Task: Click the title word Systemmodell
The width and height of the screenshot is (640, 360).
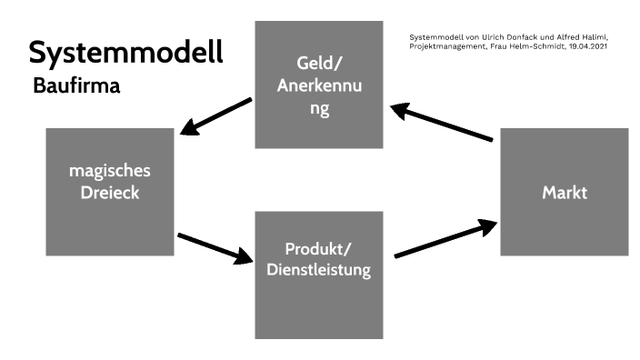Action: (x=125, y=53)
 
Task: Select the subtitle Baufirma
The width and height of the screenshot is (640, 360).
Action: (x=77, y=88)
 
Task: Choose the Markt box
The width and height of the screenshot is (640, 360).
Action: (x=564, y=193)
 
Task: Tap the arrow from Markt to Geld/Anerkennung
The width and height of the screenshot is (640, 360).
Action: (x=443, y=123)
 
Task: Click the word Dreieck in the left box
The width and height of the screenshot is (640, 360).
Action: (x=109, y=193)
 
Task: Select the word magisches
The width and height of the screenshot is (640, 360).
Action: (x=109, y=170)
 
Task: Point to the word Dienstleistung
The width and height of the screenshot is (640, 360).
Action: (x=319, y=270)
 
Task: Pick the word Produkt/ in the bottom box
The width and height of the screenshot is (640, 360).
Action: (x=319, y=247)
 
